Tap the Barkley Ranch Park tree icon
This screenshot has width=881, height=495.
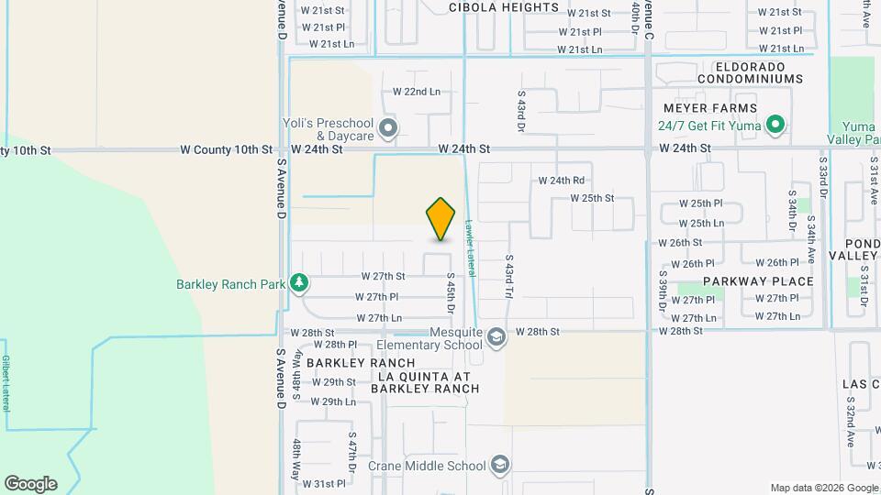click(x=297, y=282)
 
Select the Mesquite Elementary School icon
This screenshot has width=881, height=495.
click(x=496, y=336)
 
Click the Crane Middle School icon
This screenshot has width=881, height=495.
click(x=499, y=466)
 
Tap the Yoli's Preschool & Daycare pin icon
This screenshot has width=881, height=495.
click(x=388, y=129)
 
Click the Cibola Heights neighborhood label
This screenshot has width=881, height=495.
click(x=504, y=7)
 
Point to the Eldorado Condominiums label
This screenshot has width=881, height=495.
click(x=750, y=72)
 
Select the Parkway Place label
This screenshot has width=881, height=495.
click(x=758, y=281)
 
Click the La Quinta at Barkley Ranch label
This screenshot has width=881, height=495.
click(x=424, y=382)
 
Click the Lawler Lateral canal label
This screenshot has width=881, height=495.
click(x=469, y=247)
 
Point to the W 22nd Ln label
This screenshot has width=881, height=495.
click(x=417, y=92)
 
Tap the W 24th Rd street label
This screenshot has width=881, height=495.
click(x=561, y=181)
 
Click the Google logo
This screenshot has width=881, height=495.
click(x=30, y=484)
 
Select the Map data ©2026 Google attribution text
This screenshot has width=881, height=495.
click(x=823, y=488)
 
